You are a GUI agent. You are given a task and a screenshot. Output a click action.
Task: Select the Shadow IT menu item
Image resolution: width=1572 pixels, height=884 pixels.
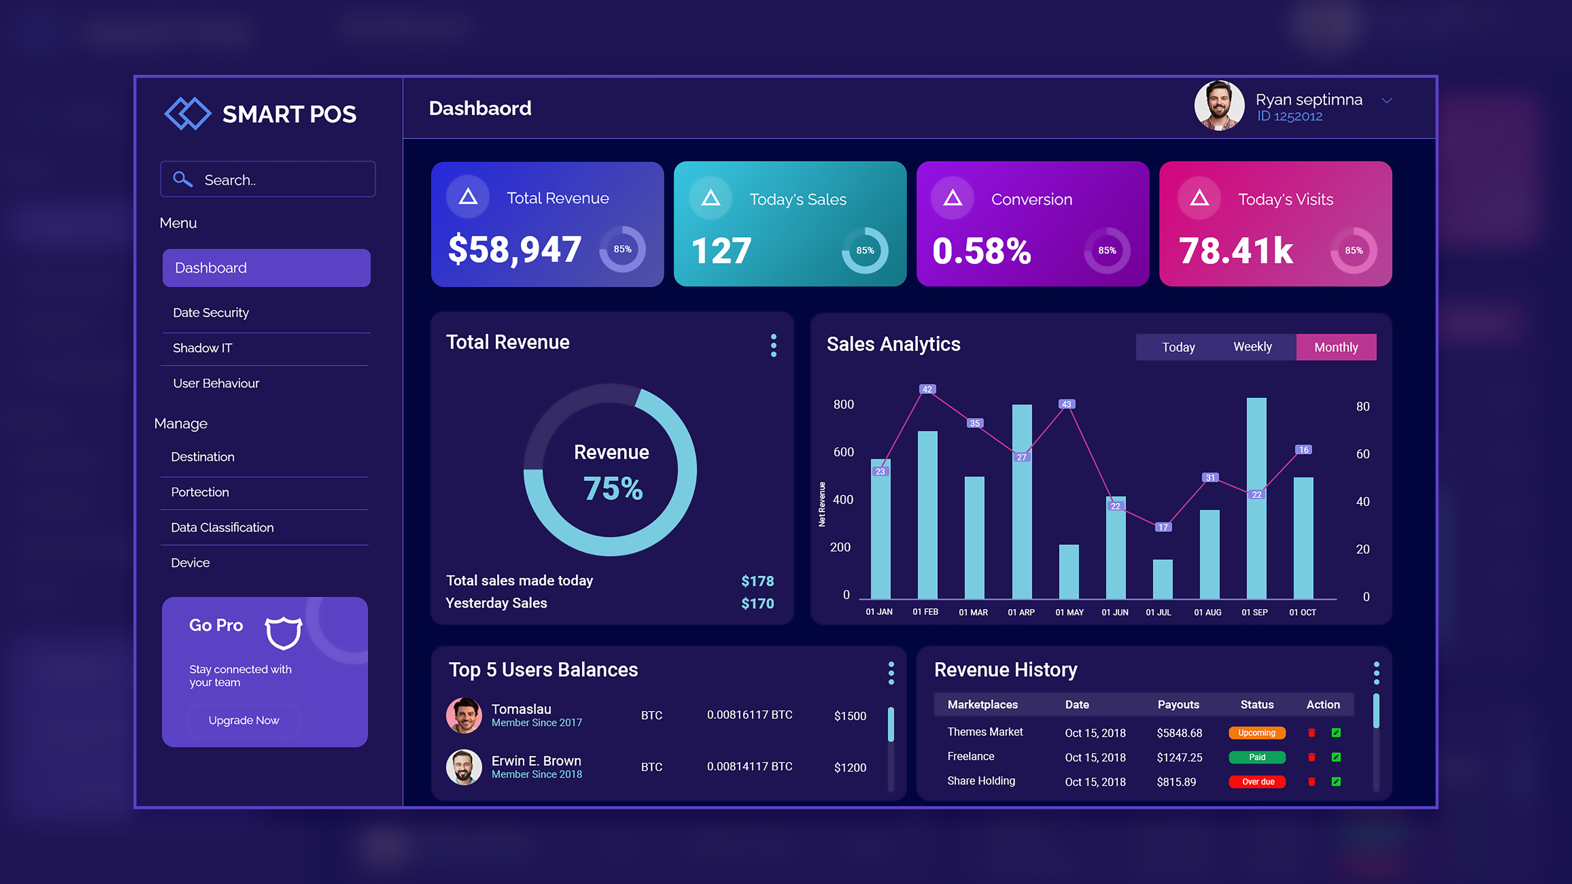click(203, 348)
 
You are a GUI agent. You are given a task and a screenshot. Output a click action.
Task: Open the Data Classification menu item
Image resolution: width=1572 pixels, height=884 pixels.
click(222, 527)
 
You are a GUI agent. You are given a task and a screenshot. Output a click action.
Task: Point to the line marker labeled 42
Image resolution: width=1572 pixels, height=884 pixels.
click(927, 389)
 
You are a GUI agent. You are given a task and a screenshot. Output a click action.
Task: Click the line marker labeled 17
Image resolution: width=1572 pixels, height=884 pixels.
click(1162, 527)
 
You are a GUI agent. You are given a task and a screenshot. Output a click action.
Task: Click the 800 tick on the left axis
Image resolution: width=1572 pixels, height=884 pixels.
click(843, 404)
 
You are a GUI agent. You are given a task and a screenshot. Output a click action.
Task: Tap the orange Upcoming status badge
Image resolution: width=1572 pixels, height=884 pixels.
click(1257, 733)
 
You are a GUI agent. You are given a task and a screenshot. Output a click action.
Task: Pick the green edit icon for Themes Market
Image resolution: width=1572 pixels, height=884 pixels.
click(1336, 733)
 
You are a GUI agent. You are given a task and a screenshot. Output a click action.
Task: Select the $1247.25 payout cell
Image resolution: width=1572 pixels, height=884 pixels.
click(1179, 757)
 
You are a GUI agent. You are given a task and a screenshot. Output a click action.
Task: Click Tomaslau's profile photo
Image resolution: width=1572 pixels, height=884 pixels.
click(464, 715)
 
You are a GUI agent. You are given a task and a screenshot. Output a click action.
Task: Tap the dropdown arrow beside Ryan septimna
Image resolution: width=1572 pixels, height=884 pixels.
click(1387, 101)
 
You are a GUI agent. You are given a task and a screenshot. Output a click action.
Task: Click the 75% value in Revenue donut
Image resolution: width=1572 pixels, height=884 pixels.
click(613, 489)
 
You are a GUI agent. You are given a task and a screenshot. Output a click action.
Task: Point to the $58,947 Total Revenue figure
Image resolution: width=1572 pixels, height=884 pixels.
click(514, 249)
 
